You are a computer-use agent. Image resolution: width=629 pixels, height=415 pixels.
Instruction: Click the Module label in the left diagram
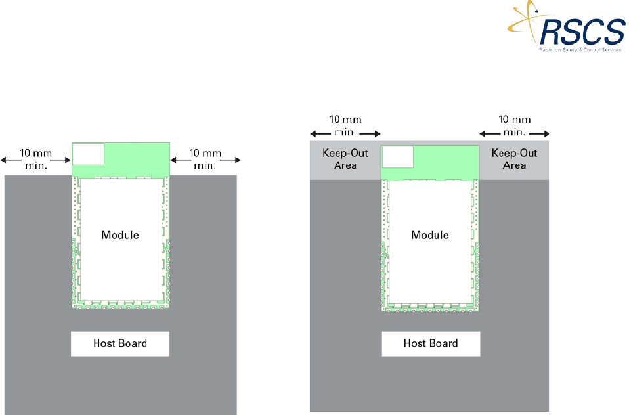[120, 234]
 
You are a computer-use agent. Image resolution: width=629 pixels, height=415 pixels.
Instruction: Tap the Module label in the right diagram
[430, 234]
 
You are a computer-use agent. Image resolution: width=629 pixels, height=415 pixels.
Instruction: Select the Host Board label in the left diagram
[120, 343]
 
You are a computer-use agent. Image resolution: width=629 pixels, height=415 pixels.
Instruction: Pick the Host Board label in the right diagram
[431, 343]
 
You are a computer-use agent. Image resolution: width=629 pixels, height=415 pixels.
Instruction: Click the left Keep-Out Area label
[345, 159]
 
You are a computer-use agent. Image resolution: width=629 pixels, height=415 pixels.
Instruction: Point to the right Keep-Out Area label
[515, 159]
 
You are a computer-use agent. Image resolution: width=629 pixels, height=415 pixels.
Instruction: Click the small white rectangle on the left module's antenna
[88, 154]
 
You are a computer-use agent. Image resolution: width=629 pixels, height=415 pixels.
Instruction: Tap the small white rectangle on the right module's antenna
[397, 157]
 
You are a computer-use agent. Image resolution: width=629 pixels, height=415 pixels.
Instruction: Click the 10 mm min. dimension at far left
[36, 159]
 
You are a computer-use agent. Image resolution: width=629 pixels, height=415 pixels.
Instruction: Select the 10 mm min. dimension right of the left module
[206, 159]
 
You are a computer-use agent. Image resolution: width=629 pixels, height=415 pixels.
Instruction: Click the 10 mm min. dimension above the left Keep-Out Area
[345, 125]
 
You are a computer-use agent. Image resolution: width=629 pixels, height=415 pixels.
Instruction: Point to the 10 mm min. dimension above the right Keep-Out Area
[515, 125]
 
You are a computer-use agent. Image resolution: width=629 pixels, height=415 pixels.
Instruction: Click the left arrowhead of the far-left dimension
[3, 159]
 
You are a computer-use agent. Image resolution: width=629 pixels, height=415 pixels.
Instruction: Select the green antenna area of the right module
[446, 162]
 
